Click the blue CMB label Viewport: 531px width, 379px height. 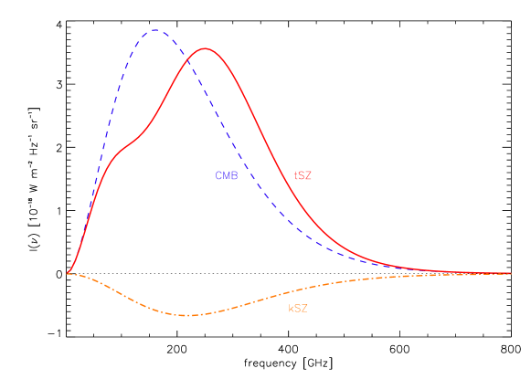226,175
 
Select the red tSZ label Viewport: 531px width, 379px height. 303,175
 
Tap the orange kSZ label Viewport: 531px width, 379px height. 298,309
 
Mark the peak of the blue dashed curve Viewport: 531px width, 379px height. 154,30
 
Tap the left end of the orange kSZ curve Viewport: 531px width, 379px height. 69,273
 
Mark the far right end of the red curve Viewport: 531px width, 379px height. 510,273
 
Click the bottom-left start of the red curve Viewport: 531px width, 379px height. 68,273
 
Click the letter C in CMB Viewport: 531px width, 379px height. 218,175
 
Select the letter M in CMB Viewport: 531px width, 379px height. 226,175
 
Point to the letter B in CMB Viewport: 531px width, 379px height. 234,175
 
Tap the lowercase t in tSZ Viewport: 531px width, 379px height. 295,175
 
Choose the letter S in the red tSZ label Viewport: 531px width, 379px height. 302,175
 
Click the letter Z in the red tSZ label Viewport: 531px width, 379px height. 309,175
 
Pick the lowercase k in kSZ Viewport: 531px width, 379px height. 291,309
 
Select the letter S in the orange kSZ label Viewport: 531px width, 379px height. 298,309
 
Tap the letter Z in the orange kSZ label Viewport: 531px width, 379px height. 305,309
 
